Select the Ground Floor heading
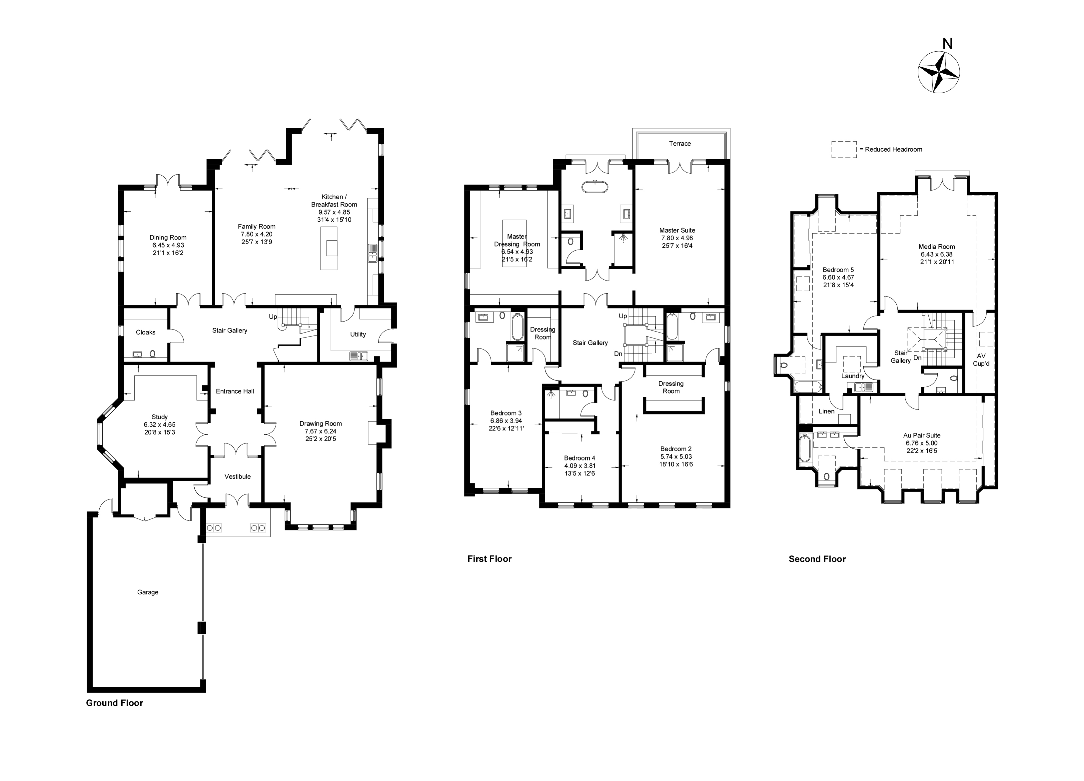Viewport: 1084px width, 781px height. pos(114,703)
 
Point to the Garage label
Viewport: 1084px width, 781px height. pos(148,592)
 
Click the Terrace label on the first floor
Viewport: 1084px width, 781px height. pos(680,143)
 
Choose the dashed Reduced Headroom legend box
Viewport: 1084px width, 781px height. pos(844,149)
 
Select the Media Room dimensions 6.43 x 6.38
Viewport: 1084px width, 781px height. pos(936,254)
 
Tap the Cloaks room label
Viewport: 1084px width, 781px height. pos(145,332)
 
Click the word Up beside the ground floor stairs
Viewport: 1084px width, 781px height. pos(273,317)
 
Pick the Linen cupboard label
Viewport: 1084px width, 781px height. pos(826,411)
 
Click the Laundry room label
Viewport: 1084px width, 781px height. pos(853,376)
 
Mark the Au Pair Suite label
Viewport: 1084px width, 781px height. pos(921,435)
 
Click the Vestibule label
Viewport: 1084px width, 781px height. pos(238,476)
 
